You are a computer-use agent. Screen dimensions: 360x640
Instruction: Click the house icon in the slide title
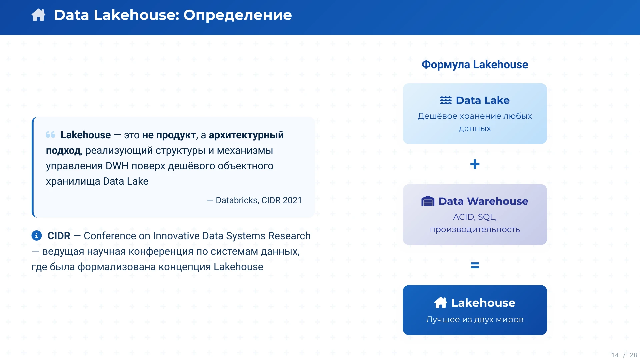tap(38, 15)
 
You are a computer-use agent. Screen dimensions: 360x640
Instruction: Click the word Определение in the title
tap(237, 15)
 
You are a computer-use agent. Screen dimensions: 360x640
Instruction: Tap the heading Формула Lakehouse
tap(475, 64)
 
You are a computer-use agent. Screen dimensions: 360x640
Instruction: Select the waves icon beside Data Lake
tap(446, 100)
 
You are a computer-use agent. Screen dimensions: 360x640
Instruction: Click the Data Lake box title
tap(482, 100)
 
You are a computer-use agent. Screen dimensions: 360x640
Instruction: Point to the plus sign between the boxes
tap(475, 164)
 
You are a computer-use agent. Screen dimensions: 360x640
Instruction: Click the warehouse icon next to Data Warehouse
tap(428, 201)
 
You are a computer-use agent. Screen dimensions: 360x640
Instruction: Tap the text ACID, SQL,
tap(475, 217)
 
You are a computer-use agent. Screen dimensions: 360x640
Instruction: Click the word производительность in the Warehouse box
tap(475, 229)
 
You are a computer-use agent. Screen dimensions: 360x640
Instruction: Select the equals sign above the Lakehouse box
tap(475, 265)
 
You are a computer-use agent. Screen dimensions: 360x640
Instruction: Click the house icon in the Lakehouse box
tap(440, 303)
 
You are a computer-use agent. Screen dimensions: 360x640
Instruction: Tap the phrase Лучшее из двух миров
tap(475, 319)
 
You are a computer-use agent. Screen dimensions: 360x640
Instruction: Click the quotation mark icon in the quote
tap(51, 135)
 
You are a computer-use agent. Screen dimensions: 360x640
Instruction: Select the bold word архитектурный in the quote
tap(246, 135)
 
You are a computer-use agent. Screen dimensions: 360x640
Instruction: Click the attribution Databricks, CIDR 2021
tap(259, 200)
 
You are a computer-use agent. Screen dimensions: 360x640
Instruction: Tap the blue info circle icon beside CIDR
tap(37, 236)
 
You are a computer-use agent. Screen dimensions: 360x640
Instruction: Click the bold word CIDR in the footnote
tap(59, 236)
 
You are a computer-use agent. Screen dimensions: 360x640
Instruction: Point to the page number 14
tap(615, 355)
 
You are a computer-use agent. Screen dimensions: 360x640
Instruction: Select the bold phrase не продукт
tap(169, 135)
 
